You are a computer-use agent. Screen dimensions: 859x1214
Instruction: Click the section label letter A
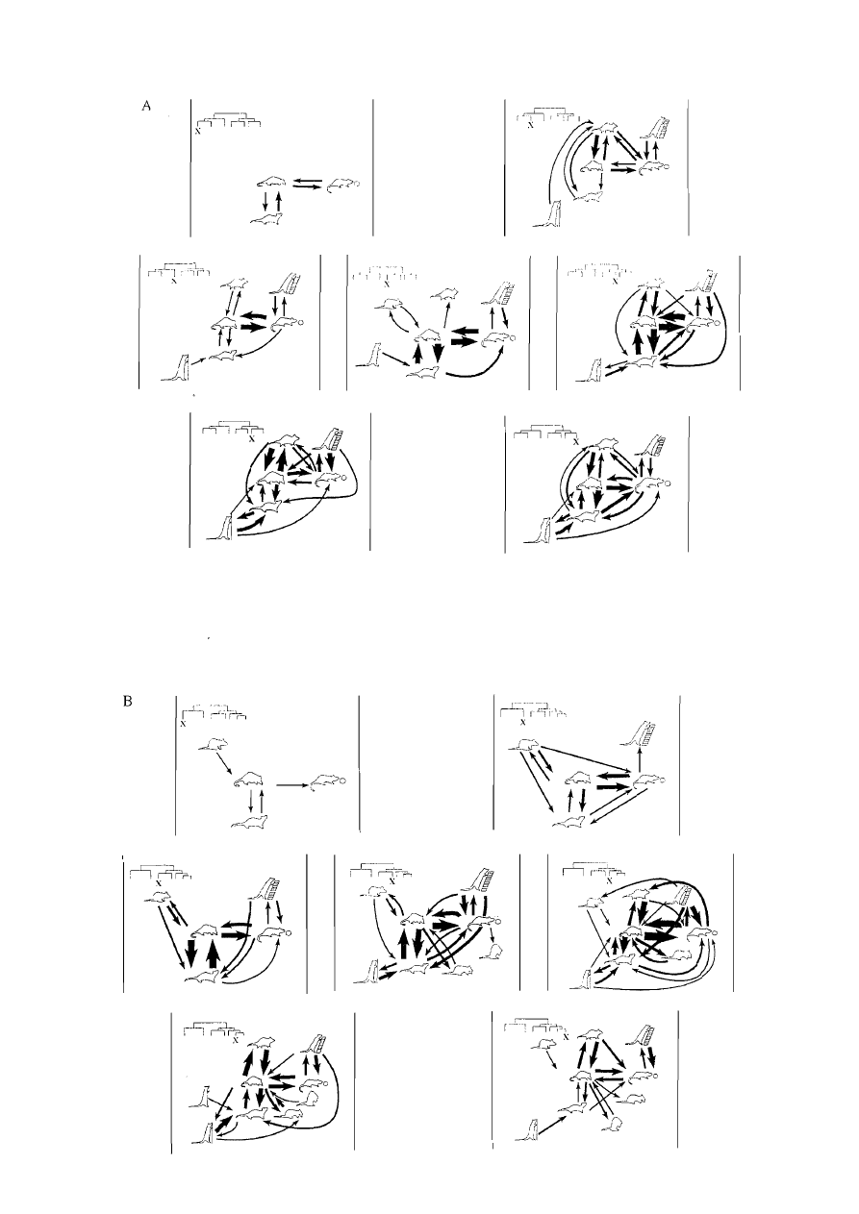click(146, 106)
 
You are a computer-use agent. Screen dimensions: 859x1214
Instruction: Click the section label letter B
click(127, 702)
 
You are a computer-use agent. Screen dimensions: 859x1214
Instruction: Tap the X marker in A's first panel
click(197, 131)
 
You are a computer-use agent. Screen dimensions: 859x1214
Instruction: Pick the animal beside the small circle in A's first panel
click(341, 185)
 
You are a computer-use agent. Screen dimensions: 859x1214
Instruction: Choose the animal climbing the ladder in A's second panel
click(657, 130)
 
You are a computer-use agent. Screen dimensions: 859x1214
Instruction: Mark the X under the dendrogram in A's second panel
click(531, 126)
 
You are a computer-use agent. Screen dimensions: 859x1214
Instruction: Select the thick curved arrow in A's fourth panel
click(474, 365)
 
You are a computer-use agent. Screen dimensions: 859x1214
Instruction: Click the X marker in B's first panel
click(184, 724)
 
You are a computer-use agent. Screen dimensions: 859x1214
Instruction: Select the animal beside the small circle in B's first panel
click(327, 781)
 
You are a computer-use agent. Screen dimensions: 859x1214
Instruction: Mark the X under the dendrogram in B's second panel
click(522, 722)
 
